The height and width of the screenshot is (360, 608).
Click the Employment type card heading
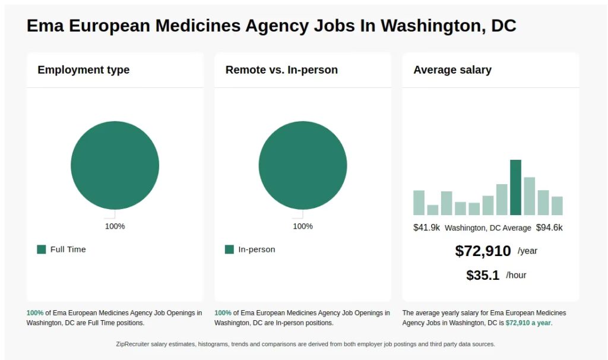83,70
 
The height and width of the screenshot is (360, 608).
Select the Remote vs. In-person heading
281,70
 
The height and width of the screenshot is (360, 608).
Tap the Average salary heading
452,70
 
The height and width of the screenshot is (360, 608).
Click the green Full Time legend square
42,250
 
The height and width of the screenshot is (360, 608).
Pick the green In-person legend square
229,250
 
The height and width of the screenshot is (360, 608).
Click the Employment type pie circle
115,165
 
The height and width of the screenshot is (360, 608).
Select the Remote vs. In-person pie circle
303,165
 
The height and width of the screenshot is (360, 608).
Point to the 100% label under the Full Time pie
115,226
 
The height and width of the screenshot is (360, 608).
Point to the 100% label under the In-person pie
303,226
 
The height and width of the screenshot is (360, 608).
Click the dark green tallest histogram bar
515,188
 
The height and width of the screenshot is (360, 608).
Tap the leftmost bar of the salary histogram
419,203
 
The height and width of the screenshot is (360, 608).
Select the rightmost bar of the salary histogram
557,206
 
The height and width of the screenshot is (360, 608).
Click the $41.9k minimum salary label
426,228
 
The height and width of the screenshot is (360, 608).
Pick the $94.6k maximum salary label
549,228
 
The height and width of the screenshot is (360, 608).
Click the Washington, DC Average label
487,228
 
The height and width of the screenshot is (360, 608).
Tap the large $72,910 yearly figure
483,251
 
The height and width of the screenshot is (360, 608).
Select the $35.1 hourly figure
483,275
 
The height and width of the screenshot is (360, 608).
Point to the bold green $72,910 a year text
528,323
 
